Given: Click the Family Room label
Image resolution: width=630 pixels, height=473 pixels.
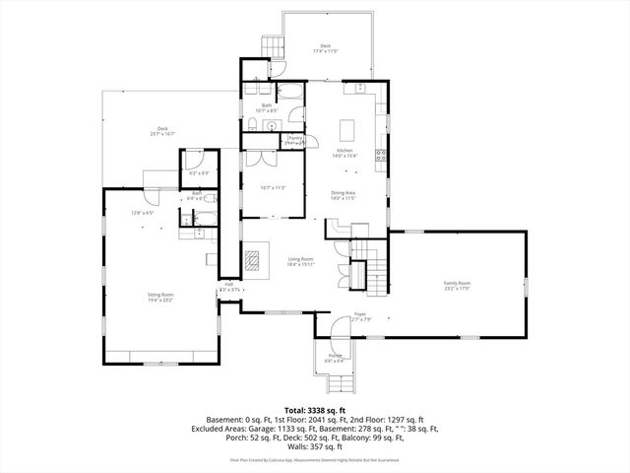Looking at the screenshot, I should [457, 285].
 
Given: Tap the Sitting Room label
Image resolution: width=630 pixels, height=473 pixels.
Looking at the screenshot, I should [161, 297].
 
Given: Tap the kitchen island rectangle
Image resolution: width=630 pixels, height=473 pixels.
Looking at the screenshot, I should [346, 129].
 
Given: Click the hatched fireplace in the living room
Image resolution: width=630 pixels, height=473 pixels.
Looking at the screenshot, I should [254, 262].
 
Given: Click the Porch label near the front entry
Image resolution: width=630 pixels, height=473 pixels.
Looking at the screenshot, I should [335, 357].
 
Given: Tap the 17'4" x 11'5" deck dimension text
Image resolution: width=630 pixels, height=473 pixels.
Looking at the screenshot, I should [324, 50].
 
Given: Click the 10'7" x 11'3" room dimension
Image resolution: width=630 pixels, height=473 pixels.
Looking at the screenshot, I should [273, 187].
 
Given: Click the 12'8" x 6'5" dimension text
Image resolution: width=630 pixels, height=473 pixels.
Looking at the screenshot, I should [144, 213].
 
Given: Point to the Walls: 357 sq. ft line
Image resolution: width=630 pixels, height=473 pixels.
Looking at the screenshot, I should [314, 446].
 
